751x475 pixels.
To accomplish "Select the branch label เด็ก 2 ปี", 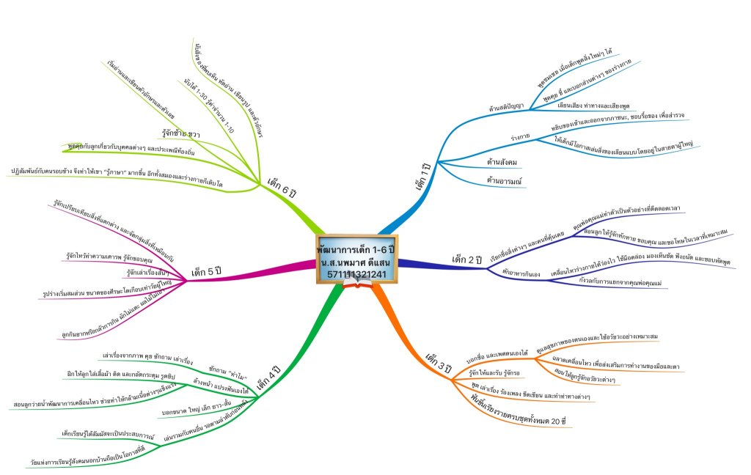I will pos(467,259).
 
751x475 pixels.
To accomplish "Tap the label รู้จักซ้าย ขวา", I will pos(180,133).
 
